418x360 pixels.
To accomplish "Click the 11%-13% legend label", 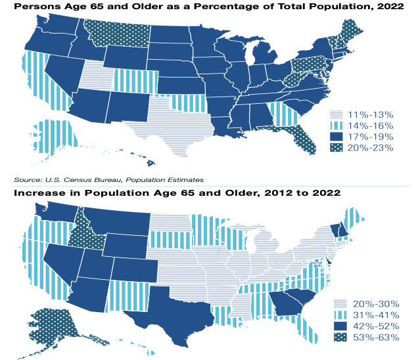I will [371, 113].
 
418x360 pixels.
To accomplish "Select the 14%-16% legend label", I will [371, 125].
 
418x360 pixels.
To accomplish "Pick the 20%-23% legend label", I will [371, 148].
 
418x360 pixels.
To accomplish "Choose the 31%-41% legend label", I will [377, 315].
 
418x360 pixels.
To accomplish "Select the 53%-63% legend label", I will [377, 338].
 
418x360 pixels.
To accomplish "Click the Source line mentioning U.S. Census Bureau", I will [108, 179].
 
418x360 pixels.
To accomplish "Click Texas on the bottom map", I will [176, 309].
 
